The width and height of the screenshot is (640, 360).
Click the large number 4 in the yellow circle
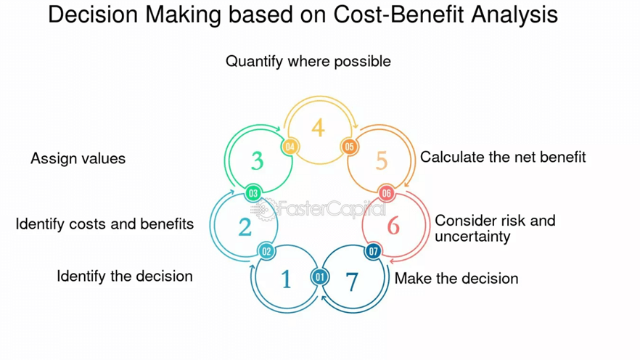319,128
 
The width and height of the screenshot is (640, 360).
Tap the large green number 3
257,161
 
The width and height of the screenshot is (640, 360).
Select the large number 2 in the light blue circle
245,227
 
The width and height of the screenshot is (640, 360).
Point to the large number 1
286,279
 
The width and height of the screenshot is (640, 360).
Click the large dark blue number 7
352,282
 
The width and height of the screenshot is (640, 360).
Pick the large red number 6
393,225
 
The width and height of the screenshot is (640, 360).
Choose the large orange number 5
382,161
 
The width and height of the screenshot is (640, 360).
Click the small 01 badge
319,277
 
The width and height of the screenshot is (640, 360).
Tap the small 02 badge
266,251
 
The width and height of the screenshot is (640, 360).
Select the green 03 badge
253,193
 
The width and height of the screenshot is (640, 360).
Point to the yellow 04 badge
290,147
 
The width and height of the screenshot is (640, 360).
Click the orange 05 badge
349,147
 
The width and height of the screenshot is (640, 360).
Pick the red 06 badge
386,193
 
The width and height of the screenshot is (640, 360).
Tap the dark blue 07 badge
373,251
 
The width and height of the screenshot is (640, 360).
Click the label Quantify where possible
308,62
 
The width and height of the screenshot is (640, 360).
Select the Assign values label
78,158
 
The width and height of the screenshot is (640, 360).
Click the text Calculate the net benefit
503,157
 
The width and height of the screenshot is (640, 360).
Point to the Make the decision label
456,279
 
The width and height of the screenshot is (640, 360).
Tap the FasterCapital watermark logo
318,209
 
